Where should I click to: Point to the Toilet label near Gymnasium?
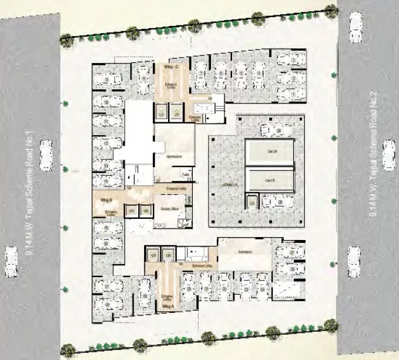[185, 175]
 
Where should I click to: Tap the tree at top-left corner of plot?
[66, 40]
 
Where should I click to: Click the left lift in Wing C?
[161, 111]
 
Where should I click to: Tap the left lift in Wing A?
[153, 254]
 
